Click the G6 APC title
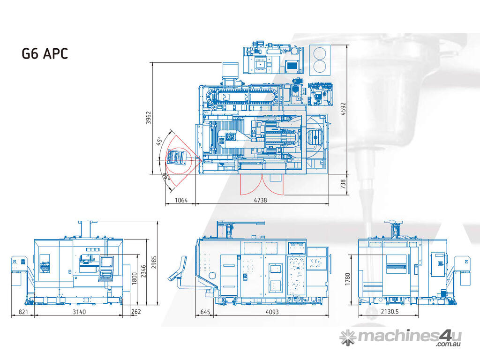click(x=45, y=53)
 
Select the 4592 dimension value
click(x=343, y=109)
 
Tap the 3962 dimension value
click(x=149, y=118)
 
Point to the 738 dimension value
click(x=343, y=184)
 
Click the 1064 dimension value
click(x=181, y=200)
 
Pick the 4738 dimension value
click(x=260, y=200)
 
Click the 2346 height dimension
click(x=143, y=271)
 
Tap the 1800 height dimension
click(x=134, y=278)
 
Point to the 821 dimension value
click(x=23, y=312)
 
